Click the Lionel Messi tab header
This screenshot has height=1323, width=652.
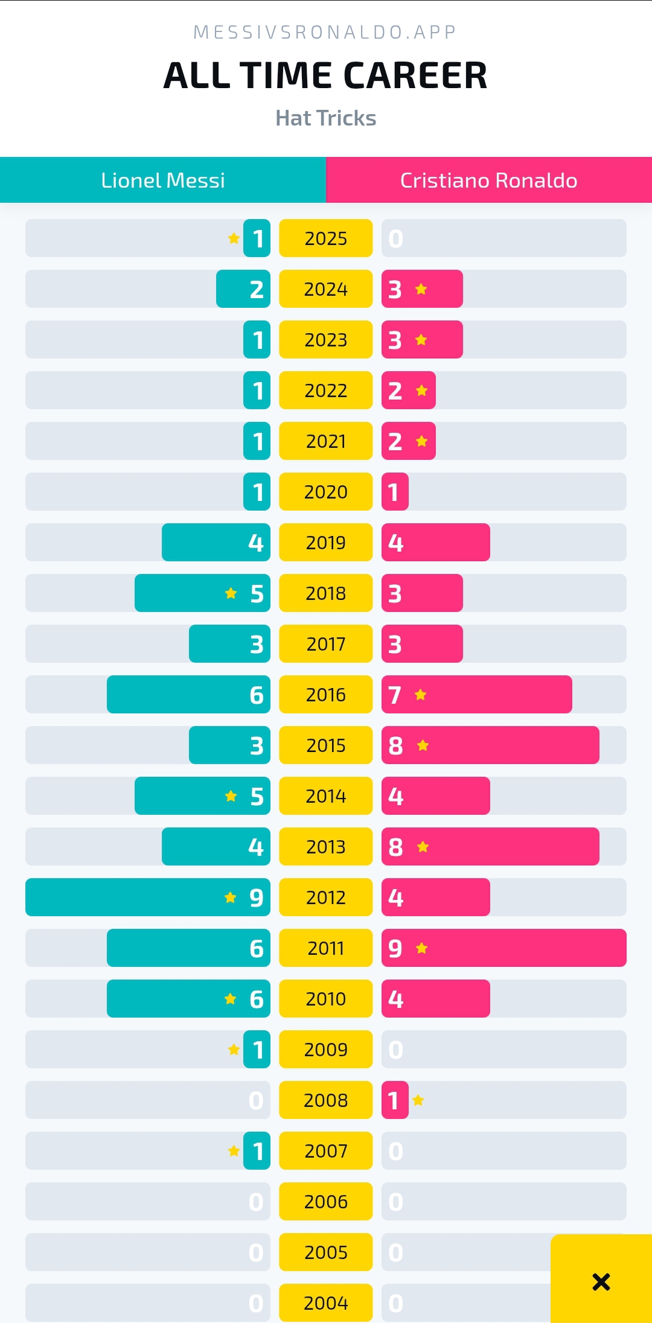point(163,180)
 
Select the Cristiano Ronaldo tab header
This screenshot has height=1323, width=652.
point(488,180)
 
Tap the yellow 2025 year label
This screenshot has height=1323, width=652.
point(325,238)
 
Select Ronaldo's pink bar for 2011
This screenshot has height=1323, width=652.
point(503,948)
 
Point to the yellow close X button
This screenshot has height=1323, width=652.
point(601,1281)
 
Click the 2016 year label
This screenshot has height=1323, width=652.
point(325,695)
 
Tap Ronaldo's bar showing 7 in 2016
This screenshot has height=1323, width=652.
point(476,695)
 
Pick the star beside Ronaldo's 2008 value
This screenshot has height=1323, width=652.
point(418,1100)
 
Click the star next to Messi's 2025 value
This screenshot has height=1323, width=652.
point(234,238)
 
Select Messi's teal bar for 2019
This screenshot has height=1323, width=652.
point(216,543)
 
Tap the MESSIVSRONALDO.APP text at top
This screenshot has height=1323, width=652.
point(325,32)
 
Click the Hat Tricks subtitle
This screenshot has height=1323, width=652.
point(325,118)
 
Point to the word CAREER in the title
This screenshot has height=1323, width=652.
point(415,76)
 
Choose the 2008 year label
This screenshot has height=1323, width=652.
point(325,1100)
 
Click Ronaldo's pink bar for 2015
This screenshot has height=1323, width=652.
point(490,745)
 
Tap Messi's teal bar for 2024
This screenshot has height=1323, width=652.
point(243,289)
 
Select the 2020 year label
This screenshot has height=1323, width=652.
point(325,492)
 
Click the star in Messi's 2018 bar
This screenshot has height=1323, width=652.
point(231,593)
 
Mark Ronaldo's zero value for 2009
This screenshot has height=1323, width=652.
point(395,1050)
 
